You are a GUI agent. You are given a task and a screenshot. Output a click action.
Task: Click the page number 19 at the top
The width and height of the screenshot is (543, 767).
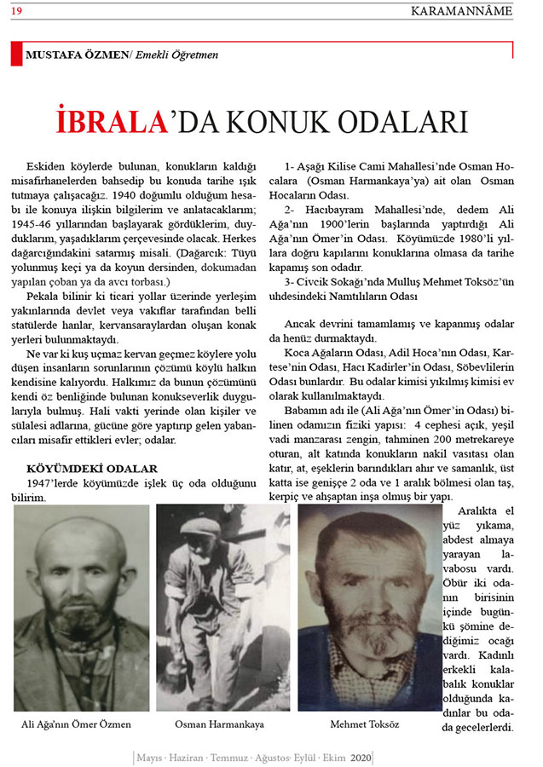pos(17,10)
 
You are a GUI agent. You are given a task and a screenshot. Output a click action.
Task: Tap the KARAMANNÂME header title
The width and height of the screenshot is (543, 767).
pos(462,10)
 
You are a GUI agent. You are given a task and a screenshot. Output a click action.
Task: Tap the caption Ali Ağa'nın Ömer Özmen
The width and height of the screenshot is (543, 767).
pos(77,724)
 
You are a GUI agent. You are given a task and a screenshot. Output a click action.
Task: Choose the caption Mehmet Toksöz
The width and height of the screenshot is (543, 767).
pos(364,724)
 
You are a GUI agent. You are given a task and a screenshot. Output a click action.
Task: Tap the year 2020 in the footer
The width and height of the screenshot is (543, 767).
pos(361,757)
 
